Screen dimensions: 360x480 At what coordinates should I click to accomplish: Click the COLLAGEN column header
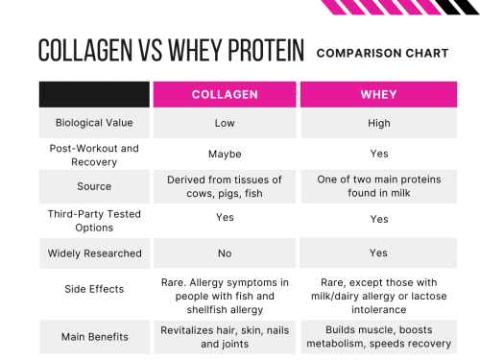[x=225, y=95]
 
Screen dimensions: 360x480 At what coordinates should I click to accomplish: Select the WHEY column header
[x=378, y=95]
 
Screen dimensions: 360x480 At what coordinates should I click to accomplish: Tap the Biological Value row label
[x=94, y=124]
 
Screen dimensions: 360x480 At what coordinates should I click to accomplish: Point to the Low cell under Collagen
[x=225, y=124]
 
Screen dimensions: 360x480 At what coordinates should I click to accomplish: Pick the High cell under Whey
[x=378, y=124]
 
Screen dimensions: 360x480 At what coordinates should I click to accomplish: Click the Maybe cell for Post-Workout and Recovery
[x=225, y=155]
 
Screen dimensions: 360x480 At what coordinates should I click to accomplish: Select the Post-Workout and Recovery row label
[x=94, y=155]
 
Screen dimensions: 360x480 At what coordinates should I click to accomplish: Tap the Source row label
[x=94, y=186]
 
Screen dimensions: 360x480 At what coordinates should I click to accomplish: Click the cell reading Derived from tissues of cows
[x=225, y=186]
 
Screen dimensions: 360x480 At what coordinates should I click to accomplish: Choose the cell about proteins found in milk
[x=378, y=186]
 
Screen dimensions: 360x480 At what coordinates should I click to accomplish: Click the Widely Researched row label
[x=94, y=253]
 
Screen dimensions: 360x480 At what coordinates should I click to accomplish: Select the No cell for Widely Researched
[x=225, y=253]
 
